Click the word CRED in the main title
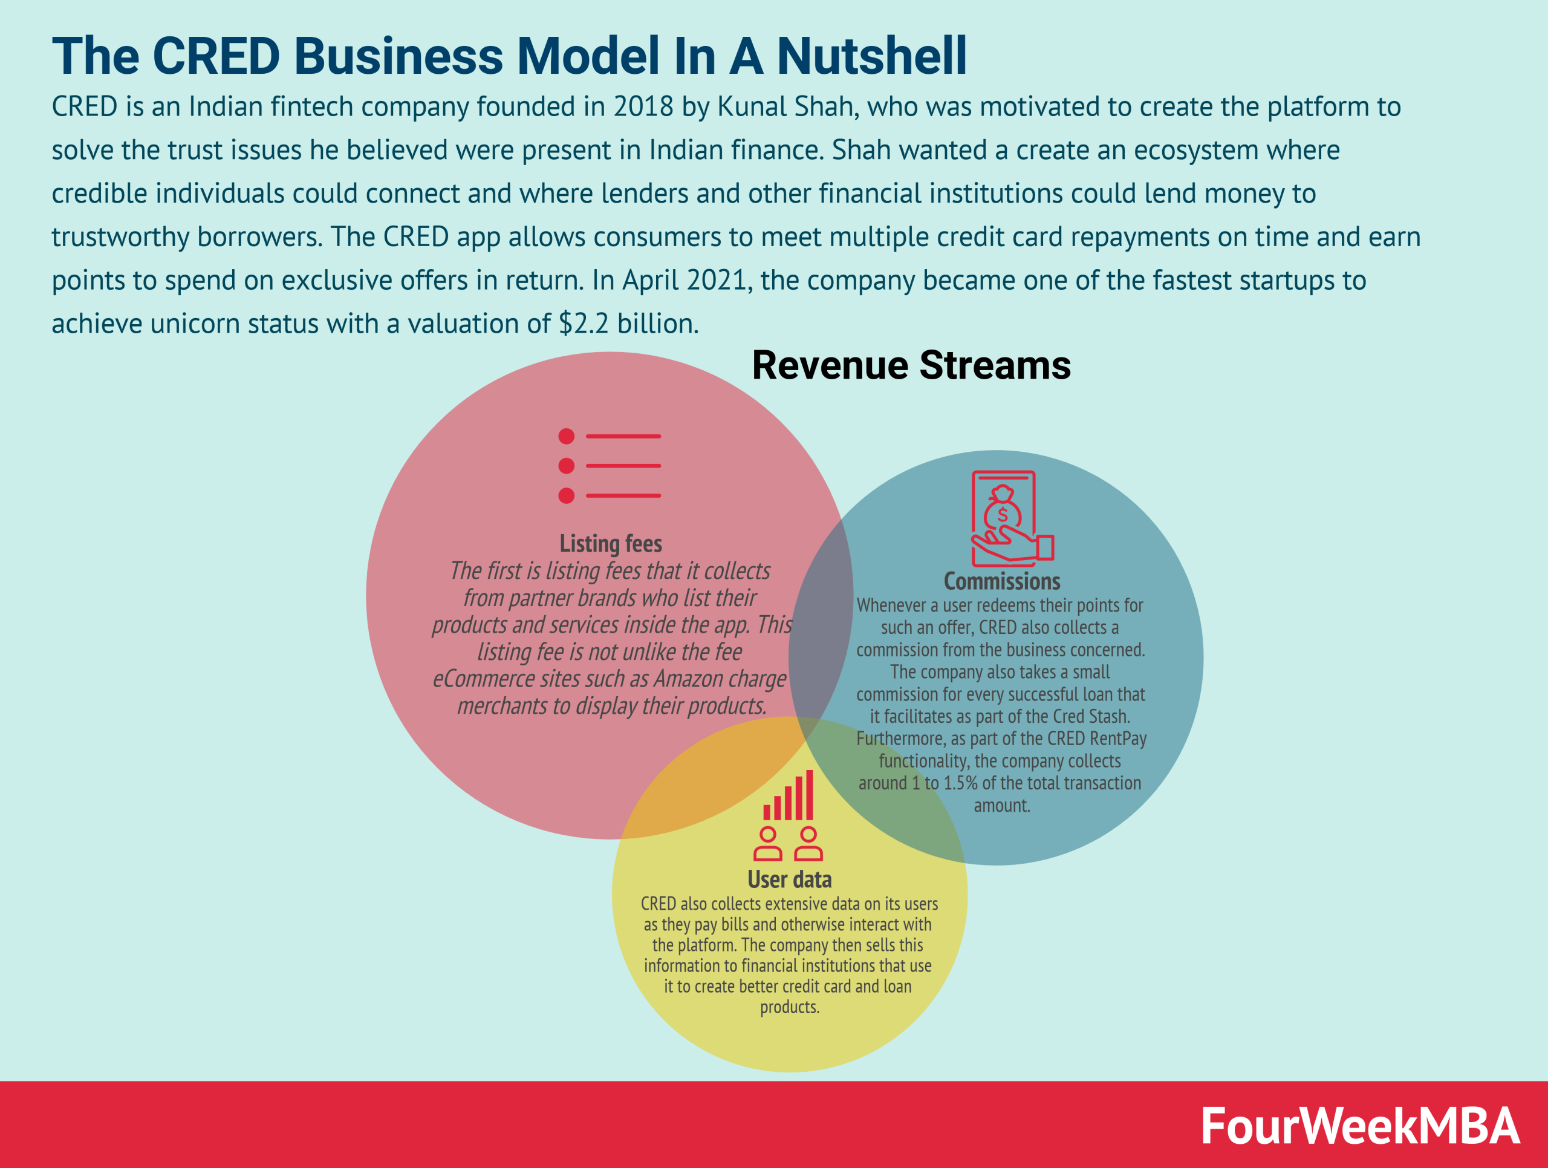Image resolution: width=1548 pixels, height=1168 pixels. [215, 56]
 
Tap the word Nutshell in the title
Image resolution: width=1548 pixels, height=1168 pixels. [871, 56]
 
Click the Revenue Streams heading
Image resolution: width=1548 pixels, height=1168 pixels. [911, 365]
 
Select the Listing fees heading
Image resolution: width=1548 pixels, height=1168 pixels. [610, 543]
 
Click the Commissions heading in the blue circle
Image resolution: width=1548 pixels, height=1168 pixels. [1001, 581]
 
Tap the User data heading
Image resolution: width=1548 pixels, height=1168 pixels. [789, 879]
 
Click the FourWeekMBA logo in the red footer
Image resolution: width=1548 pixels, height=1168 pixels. [1359, 1126]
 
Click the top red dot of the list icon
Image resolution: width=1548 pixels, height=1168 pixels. [566, 437]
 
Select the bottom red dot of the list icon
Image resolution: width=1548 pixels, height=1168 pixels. [566, 495]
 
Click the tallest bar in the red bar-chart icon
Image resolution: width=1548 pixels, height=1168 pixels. [810, 794]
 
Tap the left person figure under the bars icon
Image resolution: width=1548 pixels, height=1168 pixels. [768, 843]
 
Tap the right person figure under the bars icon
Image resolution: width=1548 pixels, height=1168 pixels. [808, 843]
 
